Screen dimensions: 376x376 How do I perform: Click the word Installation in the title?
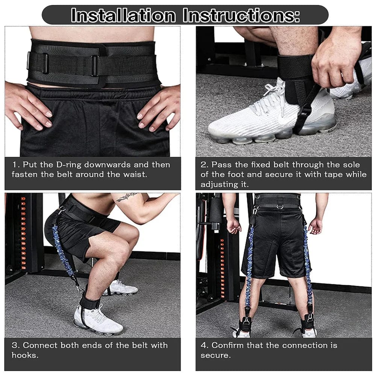(x=123, y=15)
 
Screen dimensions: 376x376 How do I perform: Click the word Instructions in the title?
(x=241, y=15)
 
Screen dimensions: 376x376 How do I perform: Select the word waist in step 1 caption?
(x=135, y=174)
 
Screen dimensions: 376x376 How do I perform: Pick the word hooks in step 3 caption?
(x=25, y=355)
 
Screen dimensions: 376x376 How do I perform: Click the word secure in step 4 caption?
(x=215, y=356)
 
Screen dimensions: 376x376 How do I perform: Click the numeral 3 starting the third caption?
(x=15, y=345)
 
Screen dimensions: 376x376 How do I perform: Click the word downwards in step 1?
(x=108, y=165)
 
